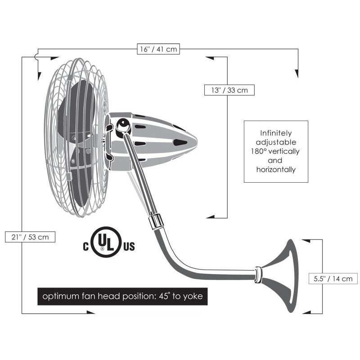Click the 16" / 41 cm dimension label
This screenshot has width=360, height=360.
(x=158, y=49)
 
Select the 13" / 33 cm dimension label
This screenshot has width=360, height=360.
(x=229, y=90)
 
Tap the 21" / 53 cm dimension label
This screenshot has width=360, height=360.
(x=30, y=237)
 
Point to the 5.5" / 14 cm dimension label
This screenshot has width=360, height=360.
(x=333, y=279)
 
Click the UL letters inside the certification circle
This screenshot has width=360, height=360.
(x=106, y=242)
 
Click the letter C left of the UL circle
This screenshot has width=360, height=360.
(x=85, y=246)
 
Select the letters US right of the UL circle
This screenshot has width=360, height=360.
(x=129, y=246)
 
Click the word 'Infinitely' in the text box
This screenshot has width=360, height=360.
(x=276, y=133)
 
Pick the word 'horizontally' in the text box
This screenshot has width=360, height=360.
(x=276, y=170)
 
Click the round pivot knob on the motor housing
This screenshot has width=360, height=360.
(x=123, y=126)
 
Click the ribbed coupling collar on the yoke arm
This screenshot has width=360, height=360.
(x=156, y=221)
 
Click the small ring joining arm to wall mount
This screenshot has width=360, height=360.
(x=258, y=274)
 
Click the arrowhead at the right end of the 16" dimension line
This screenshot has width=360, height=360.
(x=297, y=73)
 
